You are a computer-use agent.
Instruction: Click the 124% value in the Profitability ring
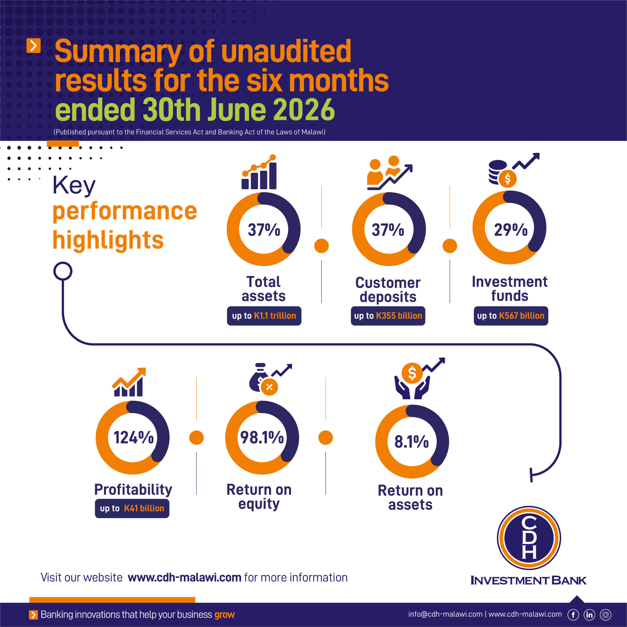tap(133, 437)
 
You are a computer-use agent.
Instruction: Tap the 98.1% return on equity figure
tap(262, 437)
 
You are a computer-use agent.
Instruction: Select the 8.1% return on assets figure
tap(411, 441)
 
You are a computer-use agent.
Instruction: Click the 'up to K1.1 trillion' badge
tap(264, 316)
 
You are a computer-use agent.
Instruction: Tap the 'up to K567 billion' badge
tap(511, 316)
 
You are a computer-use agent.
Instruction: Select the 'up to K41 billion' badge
tap(132, 508)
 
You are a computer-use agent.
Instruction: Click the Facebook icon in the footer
tap(573, 615)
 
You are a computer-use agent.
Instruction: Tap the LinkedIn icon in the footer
tap(589, 615)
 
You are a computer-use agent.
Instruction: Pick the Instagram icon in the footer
tap(606, 615)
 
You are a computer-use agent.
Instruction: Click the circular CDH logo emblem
tap(529, 538)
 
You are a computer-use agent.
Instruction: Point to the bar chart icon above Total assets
tap(259, 172)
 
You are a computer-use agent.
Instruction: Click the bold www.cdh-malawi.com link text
tap(184, 578)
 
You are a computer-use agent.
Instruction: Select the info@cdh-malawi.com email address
tap(445, 614)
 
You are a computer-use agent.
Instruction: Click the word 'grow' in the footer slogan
tap(224, 615)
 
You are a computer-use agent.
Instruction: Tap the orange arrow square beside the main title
tap(33, 46)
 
